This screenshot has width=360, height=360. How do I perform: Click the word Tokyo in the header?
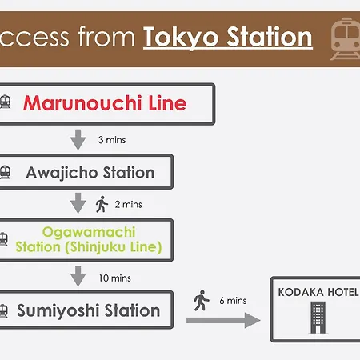181,38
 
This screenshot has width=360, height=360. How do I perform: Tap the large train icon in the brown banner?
346,38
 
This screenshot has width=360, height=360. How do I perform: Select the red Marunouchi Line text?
105,103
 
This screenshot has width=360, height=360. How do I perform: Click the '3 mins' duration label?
112,140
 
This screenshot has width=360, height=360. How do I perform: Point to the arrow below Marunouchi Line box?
78,140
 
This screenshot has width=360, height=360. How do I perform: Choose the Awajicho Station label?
90,173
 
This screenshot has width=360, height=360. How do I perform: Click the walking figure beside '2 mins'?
102,204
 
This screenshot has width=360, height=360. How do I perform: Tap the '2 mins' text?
128,205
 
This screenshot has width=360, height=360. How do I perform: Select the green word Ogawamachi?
89,232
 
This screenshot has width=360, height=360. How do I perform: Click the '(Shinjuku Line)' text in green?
114,247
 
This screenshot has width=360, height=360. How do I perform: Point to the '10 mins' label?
115,278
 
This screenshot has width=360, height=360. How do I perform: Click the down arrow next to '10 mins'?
78,276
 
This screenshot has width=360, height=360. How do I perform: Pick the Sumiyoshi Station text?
88,310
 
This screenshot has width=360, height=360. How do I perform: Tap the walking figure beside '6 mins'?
202,301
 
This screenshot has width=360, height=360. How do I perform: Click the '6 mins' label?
233,301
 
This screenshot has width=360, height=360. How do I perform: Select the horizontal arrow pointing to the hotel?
223,320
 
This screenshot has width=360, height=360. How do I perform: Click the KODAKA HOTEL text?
318,292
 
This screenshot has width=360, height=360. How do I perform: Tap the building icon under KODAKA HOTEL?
318,318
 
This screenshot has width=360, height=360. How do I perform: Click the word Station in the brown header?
270,37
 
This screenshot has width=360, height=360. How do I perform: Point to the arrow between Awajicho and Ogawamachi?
78,203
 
